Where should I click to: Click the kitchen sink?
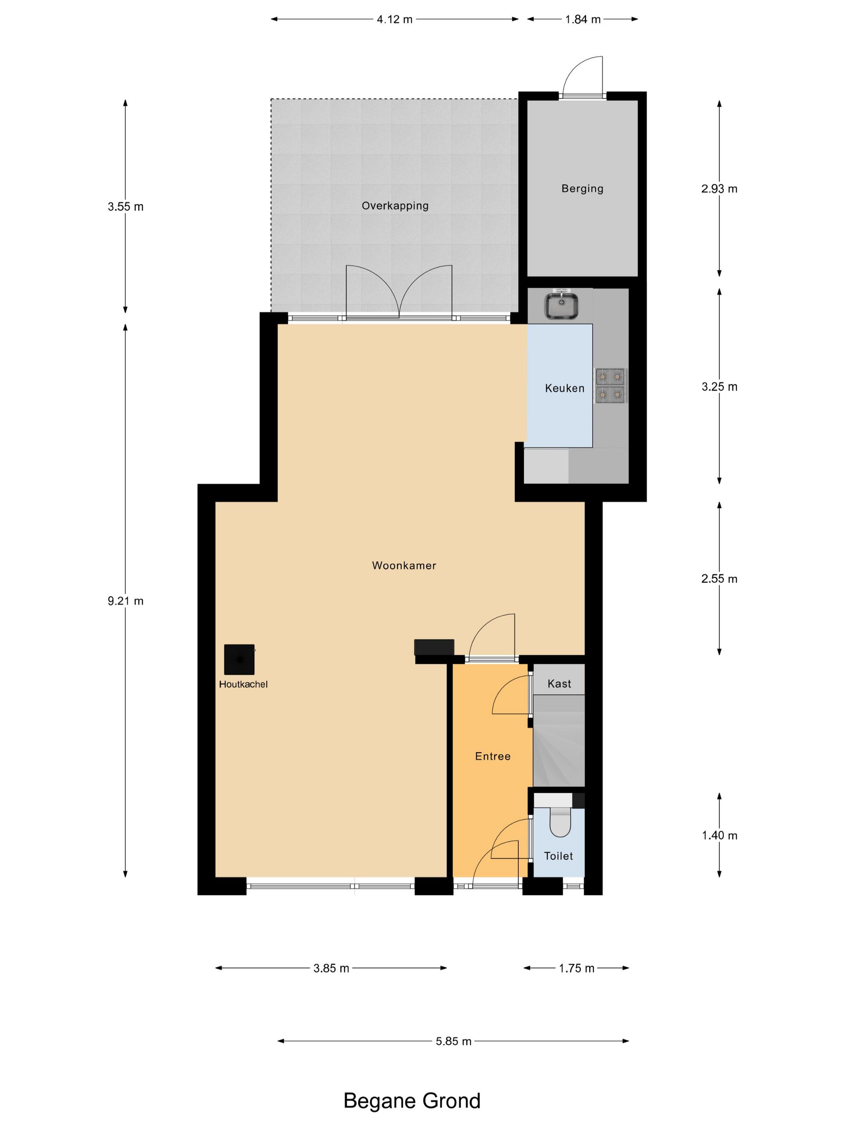[x=561, y=305]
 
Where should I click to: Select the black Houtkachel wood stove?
[x=239, y=659]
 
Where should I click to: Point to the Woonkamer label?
[x=404, y=566]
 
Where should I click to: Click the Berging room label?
[x=582, y=188]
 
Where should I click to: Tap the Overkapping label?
[x=395, y=206]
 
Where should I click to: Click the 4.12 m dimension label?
[x=395, y=19]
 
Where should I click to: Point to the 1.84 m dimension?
[x=583, y=19]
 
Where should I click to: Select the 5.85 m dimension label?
[x=453, y=1041]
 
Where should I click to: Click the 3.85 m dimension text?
[x=331, y=968]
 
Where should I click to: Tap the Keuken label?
[x=565, y=388]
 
